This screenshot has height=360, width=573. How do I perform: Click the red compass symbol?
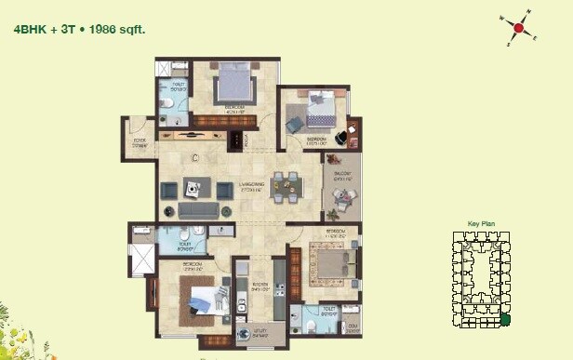(x=519, y=29)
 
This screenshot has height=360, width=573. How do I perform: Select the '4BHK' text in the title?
(x=30, y=29)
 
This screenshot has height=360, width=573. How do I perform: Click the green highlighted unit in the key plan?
(x=505, y=321)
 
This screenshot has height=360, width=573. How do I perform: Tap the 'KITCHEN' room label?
(x=260, y=287)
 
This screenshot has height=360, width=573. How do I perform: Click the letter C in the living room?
(x=194, y=158)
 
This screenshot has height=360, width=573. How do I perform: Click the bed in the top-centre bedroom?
(x=233, y=84)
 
